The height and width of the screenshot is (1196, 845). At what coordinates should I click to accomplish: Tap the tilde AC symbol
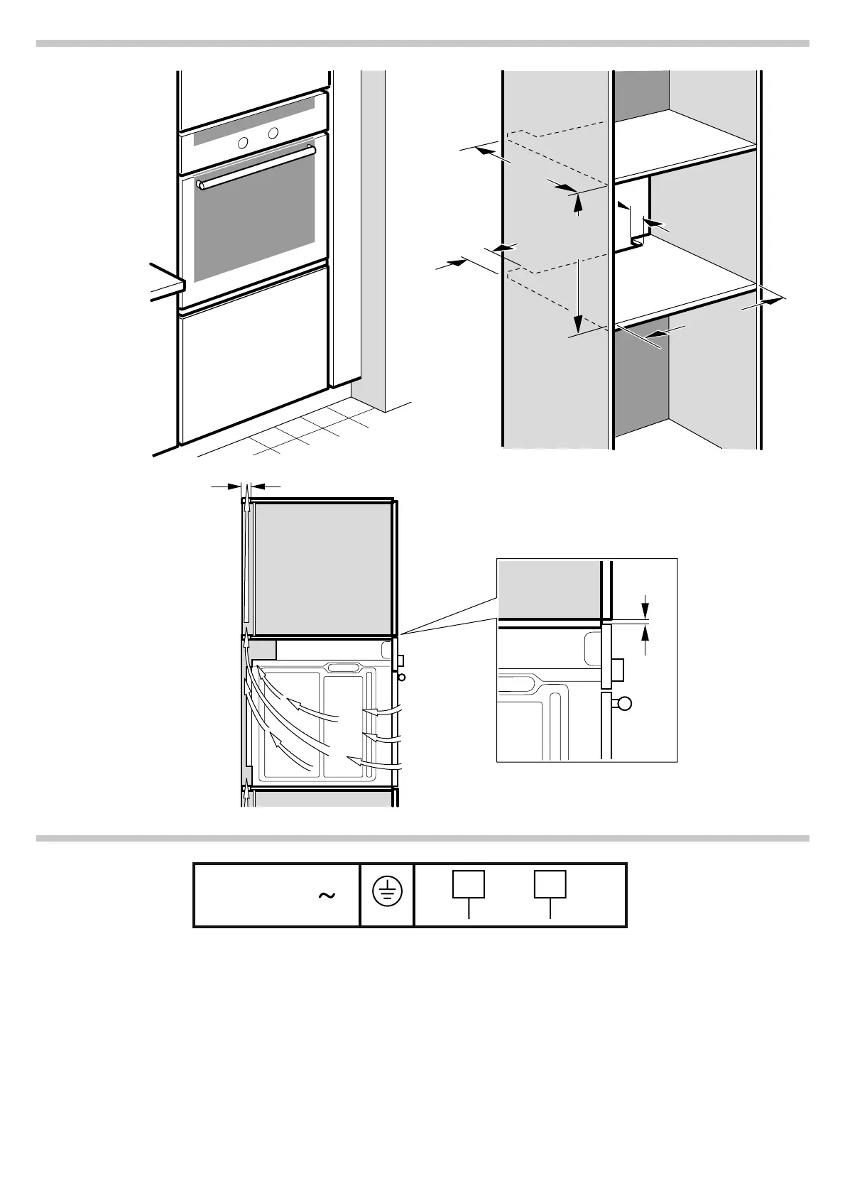(327, 896)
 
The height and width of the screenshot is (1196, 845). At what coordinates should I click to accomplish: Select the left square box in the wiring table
(469, 884)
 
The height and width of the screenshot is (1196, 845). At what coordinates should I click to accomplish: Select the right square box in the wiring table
(550, 884)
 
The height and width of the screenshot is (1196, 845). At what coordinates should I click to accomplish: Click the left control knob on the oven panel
(243, 142)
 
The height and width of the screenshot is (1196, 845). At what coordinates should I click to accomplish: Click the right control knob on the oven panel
(273, 133)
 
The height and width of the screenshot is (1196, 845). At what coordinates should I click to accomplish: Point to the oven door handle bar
(256, 168)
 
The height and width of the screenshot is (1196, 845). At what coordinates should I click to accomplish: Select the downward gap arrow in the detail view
(645, 609)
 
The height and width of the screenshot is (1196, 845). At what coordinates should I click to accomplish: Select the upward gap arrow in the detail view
(645, 638)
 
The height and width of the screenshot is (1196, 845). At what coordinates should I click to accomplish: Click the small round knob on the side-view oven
(403, 677)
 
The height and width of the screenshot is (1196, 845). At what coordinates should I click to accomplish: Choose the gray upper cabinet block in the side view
(323, 568)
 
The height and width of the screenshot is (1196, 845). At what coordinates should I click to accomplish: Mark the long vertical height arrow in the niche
(579, 295)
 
